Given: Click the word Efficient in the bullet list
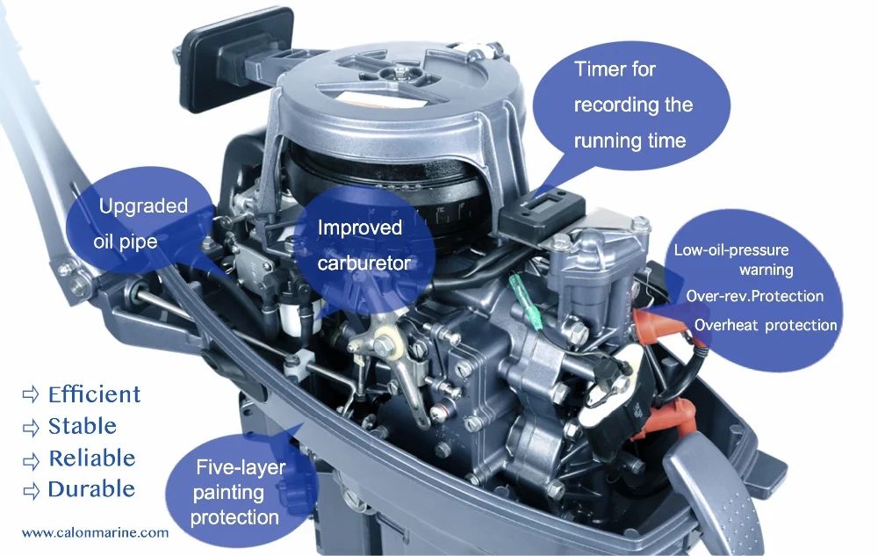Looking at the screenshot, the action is coord(94,394).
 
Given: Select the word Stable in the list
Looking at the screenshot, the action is coord(83,426).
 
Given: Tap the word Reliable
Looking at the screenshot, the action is coord(92,458).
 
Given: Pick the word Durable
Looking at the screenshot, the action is coord(91,489).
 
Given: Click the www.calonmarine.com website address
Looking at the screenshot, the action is coord(95,532).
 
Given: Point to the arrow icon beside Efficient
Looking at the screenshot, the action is coord(31,394).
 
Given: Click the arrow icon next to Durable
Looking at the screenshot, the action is coord(32,490).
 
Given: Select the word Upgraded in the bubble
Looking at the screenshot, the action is coord(143,206).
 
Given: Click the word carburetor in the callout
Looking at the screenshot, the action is coord(364,263).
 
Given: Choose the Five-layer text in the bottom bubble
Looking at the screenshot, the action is coord(241,467).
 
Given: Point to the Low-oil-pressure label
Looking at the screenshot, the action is coord(731,249).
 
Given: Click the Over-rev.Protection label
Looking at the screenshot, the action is coord(755,296).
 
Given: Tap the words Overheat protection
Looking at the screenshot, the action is coord(766,325).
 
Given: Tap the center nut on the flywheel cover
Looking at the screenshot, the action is coord(400,72).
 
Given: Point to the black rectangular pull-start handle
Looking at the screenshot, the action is coord(238,59).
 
